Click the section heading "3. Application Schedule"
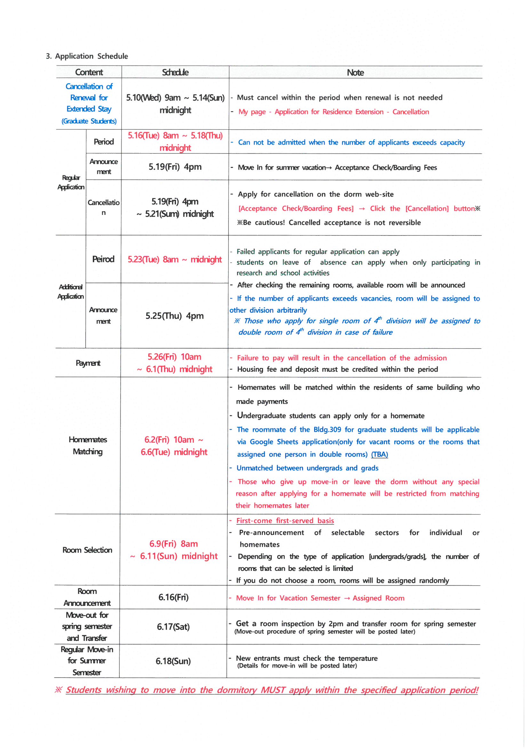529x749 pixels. click(87, 56)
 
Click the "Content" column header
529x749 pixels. click(89, 72)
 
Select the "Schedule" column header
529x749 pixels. click(175, 72)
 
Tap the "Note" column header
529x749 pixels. click(355, 72)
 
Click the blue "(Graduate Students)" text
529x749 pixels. click(89, 121)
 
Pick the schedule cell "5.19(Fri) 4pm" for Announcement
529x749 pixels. click(175, 167)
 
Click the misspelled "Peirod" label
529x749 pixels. click(103, 259)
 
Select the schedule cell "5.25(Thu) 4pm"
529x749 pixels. click(174, 316)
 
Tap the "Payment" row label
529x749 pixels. click(88, 363)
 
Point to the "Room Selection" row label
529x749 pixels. click(87, 550)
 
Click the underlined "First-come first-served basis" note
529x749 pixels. click(285, 520)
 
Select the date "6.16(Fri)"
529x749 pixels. click(173, 597)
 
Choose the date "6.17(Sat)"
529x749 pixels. click(173, 626)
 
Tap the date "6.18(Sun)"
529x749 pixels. click(173, 661)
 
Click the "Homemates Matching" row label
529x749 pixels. click(88, 445)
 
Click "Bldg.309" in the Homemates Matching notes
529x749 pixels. click(327, 429)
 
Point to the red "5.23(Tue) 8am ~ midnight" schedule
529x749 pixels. click(175, 259)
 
